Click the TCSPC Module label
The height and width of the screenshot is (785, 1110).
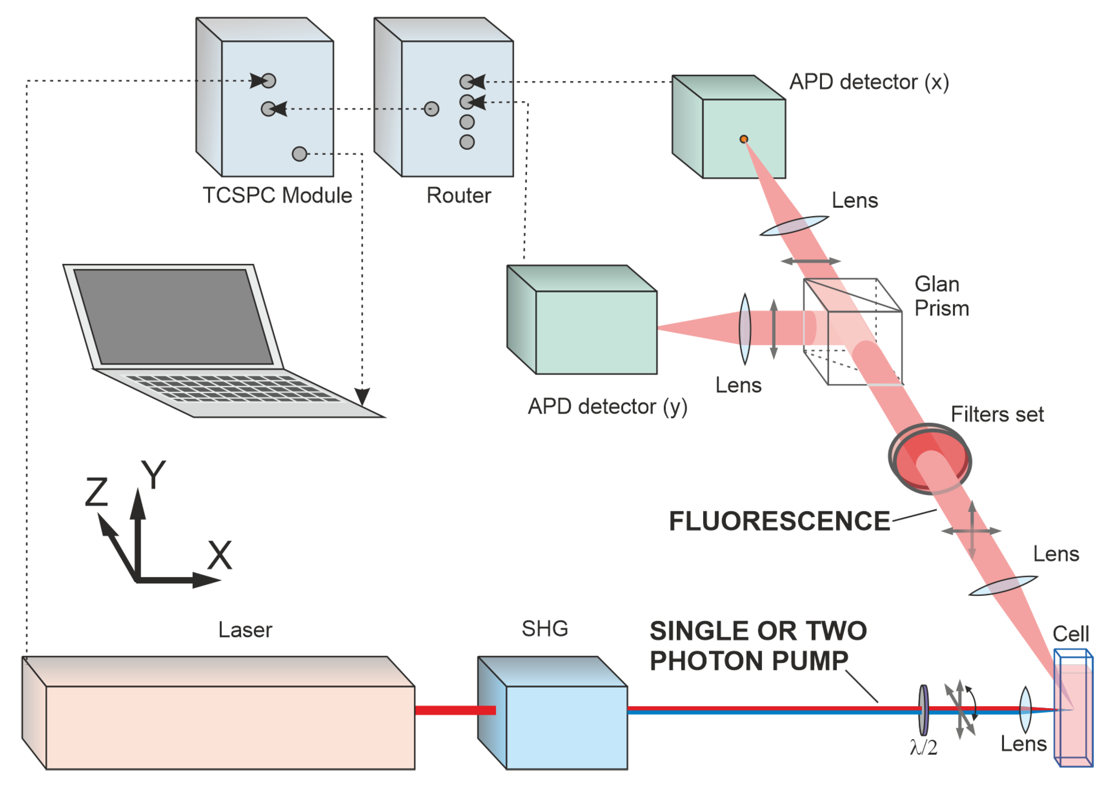coord(277,195)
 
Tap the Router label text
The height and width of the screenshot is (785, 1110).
coord(458,195)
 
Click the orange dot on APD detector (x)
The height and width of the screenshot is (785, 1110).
coord(744,139)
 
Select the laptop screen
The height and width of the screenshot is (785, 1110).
coord(173,317)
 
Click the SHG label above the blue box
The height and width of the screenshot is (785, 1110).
coord(544,629)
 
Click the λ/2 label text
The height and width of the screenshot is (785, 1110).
coord(923,748)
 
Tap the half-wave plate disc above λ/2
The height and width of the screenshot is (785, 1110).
coord(923,710)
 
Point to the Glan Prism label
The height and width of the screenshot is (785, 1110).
coord(941,296)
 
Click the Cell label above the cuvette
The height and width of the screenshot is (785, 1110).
coord(1071,633)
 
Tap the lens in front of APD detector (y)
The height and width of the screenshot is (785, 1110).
coord(745,329)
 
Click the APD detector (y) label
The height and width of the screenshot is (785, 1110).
coord(607,406)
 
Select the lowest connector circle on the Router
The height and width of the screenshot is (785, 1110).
coord(467,142)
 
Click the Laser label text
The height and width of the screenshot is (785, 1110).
coord(245,630)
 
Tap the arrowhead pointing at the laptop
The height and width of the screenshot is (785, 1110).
coord(362,396)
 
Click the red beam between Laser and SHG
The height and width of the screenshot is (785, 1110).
coord(454,710)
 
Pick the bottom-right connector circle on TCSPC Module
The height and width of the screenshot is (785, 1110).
coord(299,154)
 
